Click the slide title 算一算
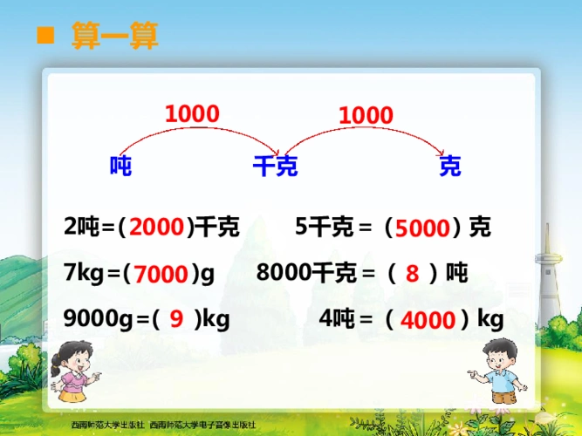[x=114, y=37]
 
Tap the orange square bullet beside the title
[x=45, y=36]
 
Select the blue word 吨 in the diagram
[x=120, y=166]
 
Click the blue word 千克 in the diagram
[x=275, y=166]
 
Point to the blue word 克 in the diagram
[x=449, y=166]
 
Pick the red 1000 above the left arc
[x=192, y=113]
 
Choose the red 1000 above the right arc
[x=366, y=114]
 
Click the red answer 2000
[x=157, y=228]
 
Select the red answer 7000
[x=162, y=275]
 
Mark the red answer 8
[x=412, y=274]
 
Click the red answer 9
[x=176, y=320]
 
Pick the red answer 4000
[x=428, y=321]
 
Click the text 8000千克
[x=306, y=273]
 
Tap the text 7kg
[x=85, y=274]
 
